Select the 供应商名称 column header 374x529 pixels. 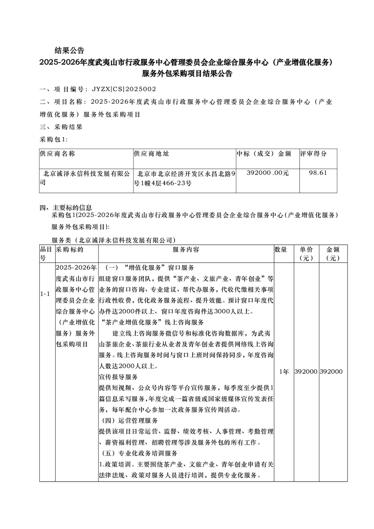(58, 154)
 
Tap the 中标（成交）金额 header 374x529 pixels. (264, 154)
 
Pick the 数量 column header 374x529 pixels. (281, 249)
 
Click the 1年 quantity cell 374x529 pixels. (284, 372)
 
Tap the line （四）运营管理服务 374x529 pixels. (130, 420)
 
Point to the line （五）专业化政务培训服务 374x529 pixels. (139, 454)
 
